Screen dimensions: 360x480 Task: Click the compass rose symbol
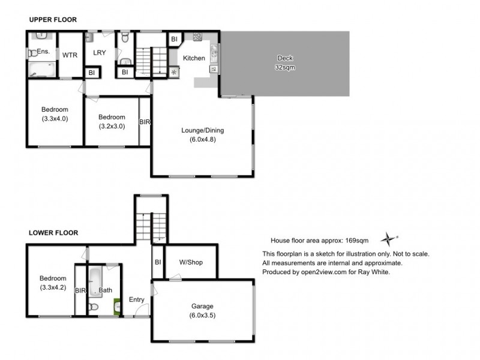coord(389,238)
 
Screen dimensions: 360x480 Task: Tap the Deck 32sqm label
coord(285,63)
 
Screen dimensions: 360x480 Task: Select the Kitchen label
coord(194,58)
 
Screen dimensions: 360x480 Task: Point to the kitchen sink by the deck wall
coord(213,49)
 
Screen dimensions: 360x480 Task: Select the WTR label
coord(70,55)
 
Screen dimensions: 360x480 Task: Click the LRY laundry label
coord(99,53)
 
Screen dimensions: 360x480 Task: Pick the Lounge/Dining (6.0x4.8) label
coord(203,135)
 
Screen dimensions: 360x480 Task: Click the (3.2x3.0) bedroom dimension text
coord(112,127)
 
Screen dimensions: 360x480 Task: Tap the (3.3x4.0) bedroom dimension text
coord(55,119)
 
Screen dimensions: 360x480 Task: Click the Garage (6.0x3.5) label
coord(202,310)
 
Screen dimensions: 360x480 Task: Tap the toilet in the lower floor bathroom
coord(92,308)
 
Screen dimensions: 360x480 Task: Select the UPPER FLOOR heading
coord(53,20)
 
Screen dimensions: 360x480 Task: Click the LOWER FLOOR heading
coord(53,232)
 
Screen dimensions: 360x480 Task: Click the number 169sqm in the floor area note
coord(355,240)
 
